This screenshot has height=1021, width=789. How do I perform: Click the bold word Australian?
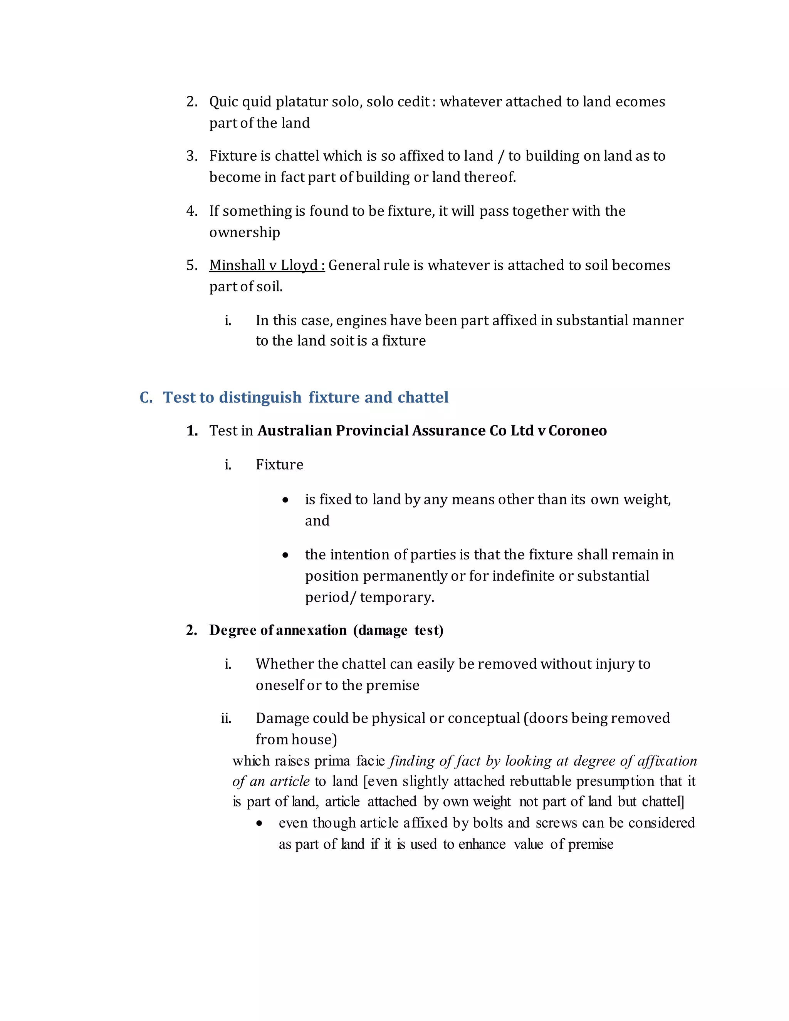[x=295, y=431]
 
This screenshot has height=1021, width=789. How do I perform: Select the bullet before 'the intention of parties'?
[x=285, y=555]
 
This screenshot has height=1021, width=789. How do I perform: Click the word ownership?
[x=245, y=232]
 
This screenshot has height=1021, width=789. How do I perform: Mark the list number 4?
[x=191, y=211]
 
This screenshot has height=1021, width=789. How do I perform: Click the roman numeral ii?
[x=226, y=718]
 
